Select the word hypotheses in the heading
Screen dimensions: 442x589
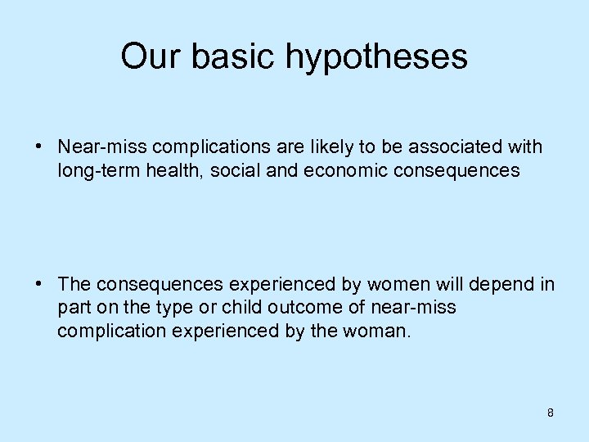376,57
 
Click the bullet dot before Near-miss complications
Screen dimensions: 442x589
39,147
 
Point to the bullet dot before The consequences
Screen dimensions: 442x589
39,284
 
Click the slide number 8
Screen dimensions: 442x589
551,413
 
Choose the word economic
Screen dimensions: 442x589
312,171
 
